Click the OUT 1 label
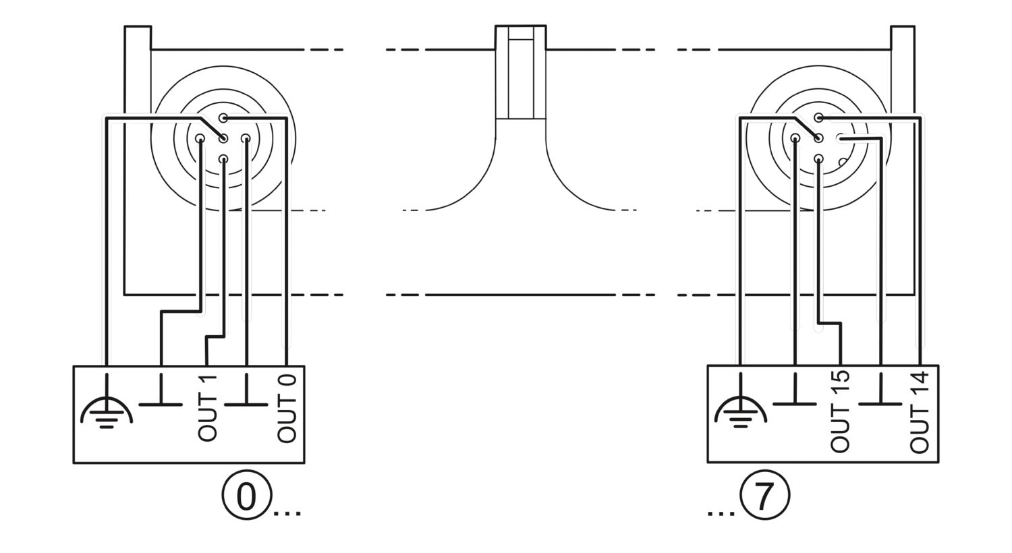pyautogui.click(x=207, y=407)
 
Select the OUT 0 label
pyautogui.click(x=287, y=408)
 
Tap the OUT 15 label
pyautogui.click(x=840, y=411)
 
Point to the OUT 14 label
pyautogui.click(x=920, y=411)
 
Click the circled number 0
pyautogui.click(x=246, y=496)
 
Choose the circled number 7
pyautogui.click(x=764, y=496)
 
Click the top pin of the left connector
pyautogui.click(x=223, y=118)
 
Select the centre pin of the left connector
pyautogui.click(x=223, y=139)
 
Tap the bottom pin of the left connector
pyautogui.click(x=223, y=159)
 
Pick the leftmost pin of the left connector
pyautogui.click(x=200, y=139)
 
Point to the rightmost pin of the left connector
pyautogui.click(x=246, y=138)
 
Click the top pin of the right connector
pyautogui.click(x=818, y=118)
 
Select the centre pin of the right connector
pyautogui.click(x=818, y=138)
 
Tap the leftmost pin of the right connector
pyautogui.click(x=795, y=138)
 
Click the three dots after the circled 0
pyautogui.click(x=287, y=513)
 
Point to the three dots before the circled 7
pyautogui.click(x=721, y=513)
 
